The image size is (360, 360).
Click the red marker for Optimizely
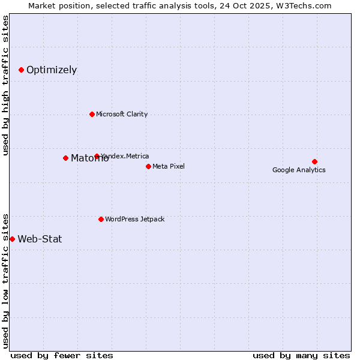pos(21,70)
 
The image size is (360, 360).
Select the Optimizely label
pos(52,70)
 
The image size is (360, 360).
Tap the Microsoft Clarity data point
pos(92,114)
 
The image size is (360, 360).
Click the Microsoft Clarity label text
pos(122,114)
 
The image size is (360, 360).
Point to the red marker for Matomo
pos(65,158)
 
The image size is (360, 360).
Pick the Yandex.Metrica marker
pos(97,156)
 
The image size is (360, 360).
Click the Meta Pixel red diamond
pos(148,166)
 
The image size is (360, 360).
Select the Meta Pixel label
pos(169,166)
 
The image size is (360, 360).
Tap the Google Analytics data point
pos(314,161)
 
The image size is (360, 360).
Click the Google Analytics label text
pos(299,170)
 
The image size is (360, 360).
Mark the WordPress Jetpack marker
pos(101,219)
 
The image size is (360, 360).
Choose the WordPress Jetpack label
pos(134,219)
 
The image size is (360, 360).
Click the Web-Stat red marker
pos(12,239)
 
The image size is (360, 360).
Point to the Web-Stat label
pos(40,239)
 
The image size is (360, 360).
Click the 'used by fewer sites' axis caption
pos(62,355)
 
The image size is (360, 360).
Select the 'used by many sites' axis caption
pos(301,355)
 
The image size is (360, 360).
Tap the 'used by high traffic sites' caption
pos(5,85)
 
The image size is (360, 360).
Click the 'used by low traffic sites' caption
pos(5,281)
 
